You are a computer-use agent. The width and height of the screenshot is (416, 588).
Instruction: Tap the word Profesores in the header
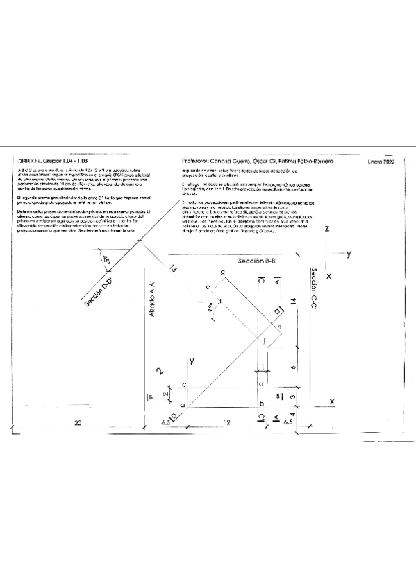[x=197, y=161]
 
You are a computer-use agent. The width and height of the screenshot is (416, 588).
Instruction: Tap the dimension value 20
[x=77, y=422]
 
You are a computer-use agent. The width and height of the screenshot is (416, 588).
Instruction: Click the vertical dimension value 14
[x=294, y=302]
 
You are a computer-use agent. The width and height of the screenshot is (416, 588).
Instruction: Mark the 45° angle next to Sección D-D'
[x=106, y=259]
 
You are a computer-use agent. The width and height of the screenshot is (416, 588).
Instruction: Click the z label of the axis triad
[x=326, y=228]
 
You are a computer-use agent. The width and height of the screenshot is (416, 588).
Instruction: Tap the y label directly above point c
[x=190, y=361]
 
